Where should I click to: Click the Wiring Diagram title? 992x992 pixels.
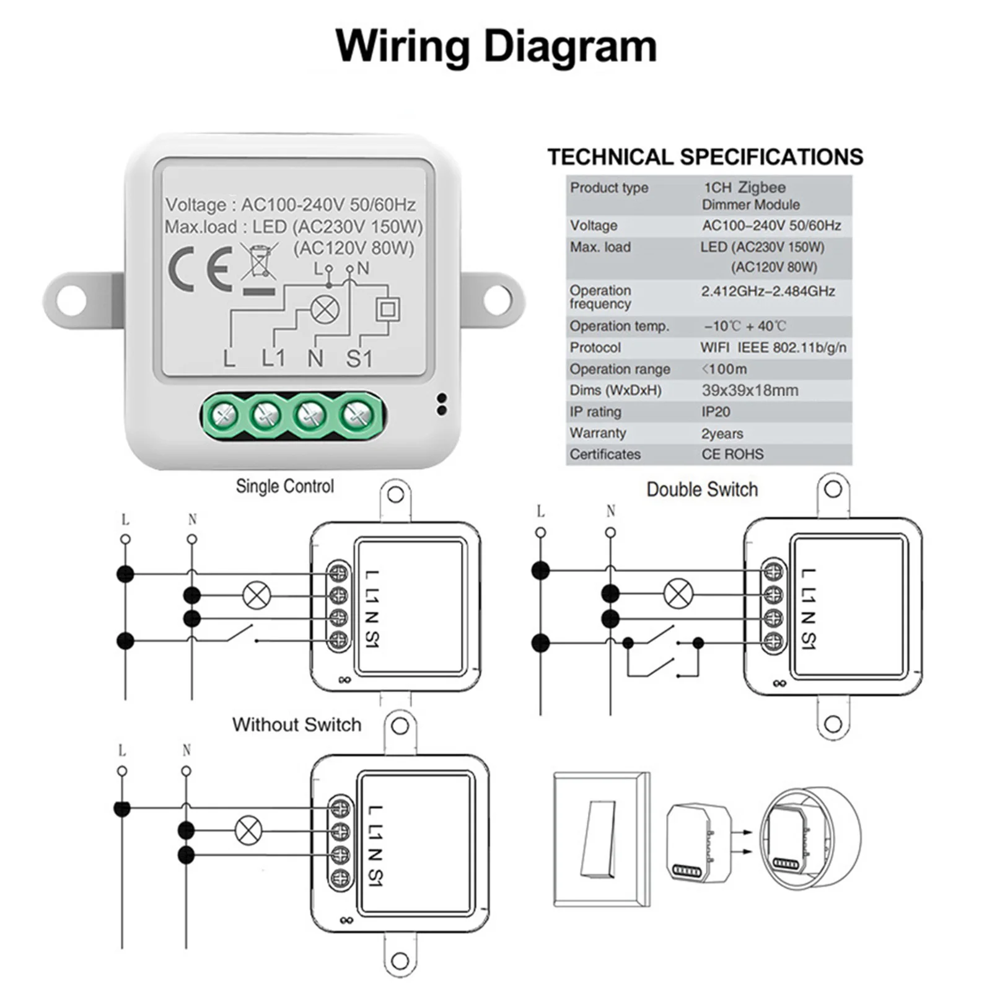pyautogui.click(x=496, y=46)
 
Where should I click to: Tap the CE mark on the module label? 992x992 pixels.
pyautogui.click(x=200, y=269)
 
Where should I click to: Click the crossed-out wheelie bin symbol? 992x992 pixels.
pyautogui.click(x=258, y=263)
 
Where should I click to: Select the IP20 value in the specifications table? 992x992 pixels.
pyautogui.click(x=716, y=412)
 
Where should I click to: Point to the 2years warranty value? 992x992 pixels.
pyautogui.click(x=722, y=434)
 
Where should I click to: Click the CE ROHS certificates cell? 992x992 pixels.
pyautogui.click(x=732, y=454)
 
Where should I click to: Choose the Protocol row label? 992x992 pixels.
pyautogui.click(x=595, y=348)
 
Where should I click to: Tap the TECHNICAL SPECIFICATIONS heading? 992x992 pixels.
pyautogui.click(x=705, y=157)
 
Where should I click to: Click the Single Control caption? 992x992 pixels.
pyautogui.click(x=284, y=486)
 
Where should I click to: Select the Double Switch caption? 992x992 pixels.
pyautogui.click(x=702, y=489)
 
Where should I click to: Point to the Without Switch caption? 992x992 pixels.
pyautogui.click(x=296, y=724)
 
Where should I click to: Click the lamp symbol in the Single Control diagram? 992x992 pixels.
pyautogui.click(x=257, y=595)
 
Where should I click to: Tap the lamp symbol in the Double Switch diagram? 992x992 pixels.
pyautogui.click(x=678, y=593)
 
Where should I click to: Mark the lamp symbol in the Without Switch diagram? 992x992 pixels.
pyautogui.click(x=248, y=830)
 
